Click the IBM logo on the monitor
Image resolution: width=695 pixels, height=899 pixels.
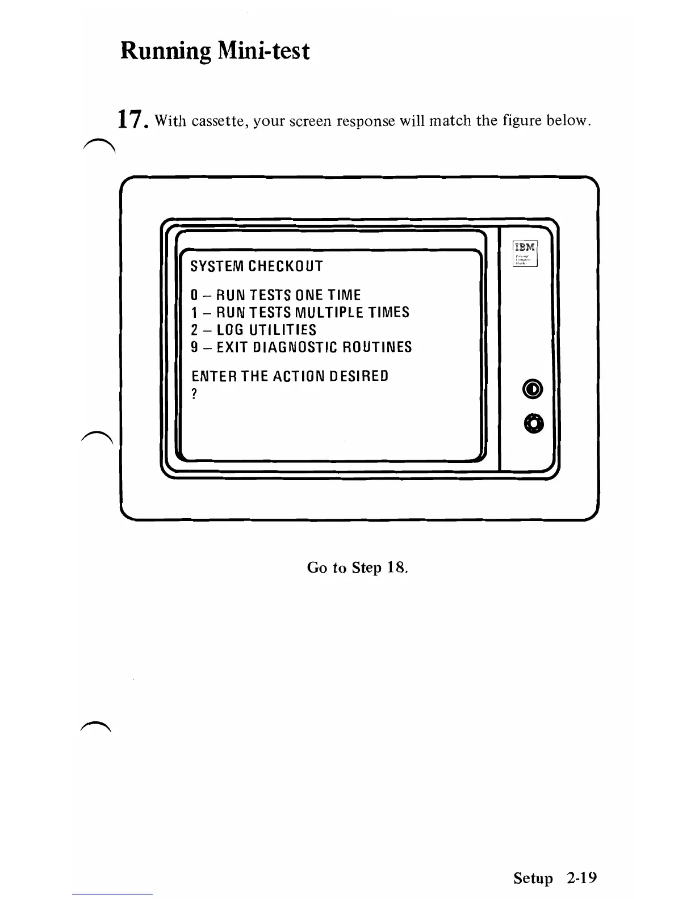click(525, 247)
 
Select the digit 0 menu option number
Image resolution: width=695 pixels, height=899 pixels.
click(194, 295)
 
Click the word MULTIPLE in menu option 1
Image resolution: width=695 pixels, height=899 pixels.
click(324, 312)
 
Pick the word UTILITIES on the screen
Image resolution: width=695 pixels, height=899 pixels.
click(282, 330)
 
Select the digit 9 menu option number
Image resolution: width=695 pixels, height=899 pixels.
click(194, 347)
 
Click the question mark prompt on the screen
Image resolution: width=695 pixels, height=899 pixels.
click(194, 394)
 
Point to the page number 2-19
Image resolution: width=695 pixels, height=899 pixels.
click(581, 878)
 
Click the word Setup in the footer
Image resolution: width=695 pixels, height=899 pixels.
click(533, 879)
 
